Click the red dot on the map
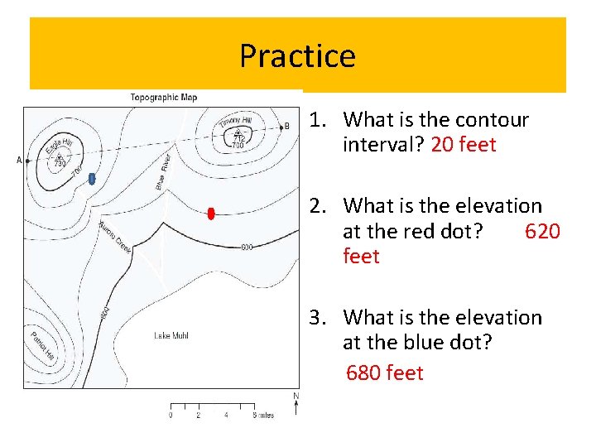click(x=211, y=214)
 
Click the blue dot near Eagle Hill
click(x=92, y=178)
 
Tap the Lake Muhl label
click(x=171, y=335)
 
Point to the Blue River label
click(x=163, y=171)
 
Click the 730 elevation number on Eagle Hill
click(x=60, y=163)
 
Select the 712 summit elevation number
click(x=238, y=137)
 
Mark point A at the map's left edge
click(x=19, y=160)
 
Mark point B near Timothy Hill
click(x=286, y=126)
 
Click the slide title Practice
click(x=297, y=56)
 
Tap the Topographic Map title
click(x=164, y=98)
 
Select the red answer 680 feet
click(x=384, y=373)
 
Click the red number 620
click(x=542, y=231)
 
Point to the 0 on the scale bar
click(x=171, y=416)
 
